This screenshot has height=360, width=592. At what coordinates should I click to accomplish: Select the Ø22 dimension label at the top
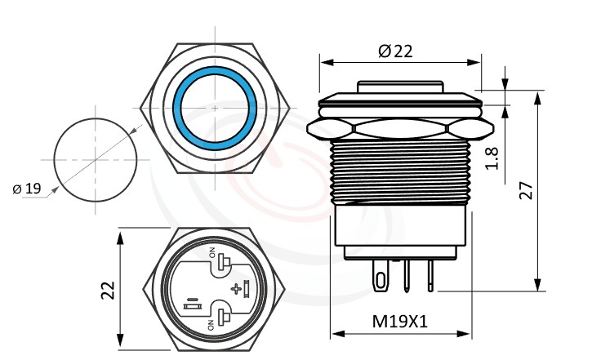pos(395,51)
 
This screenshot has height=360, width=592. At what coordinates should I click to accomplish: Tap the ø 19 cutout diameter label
pos(27,189)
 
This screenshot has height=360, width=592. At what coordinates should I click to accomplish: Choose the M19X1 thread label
pos(400,322)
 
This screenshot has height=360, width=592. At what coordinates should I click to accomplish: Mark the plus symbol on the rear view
pos(237,289)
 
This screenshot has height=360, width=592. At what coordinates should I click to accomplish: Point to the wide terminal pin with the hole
pos(380,276)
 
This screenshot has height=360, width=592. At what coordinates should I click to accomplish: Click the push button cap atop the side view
pos(400,87)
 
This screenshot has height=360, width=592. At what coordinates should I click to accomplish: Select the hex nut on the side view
pos(400,127)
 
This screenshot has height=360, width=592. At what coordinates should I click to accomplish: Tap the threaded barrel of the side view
pos(400,171)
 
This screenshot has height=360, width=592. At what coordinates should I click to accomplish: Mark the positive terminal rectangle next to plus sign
pos(245,288)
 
